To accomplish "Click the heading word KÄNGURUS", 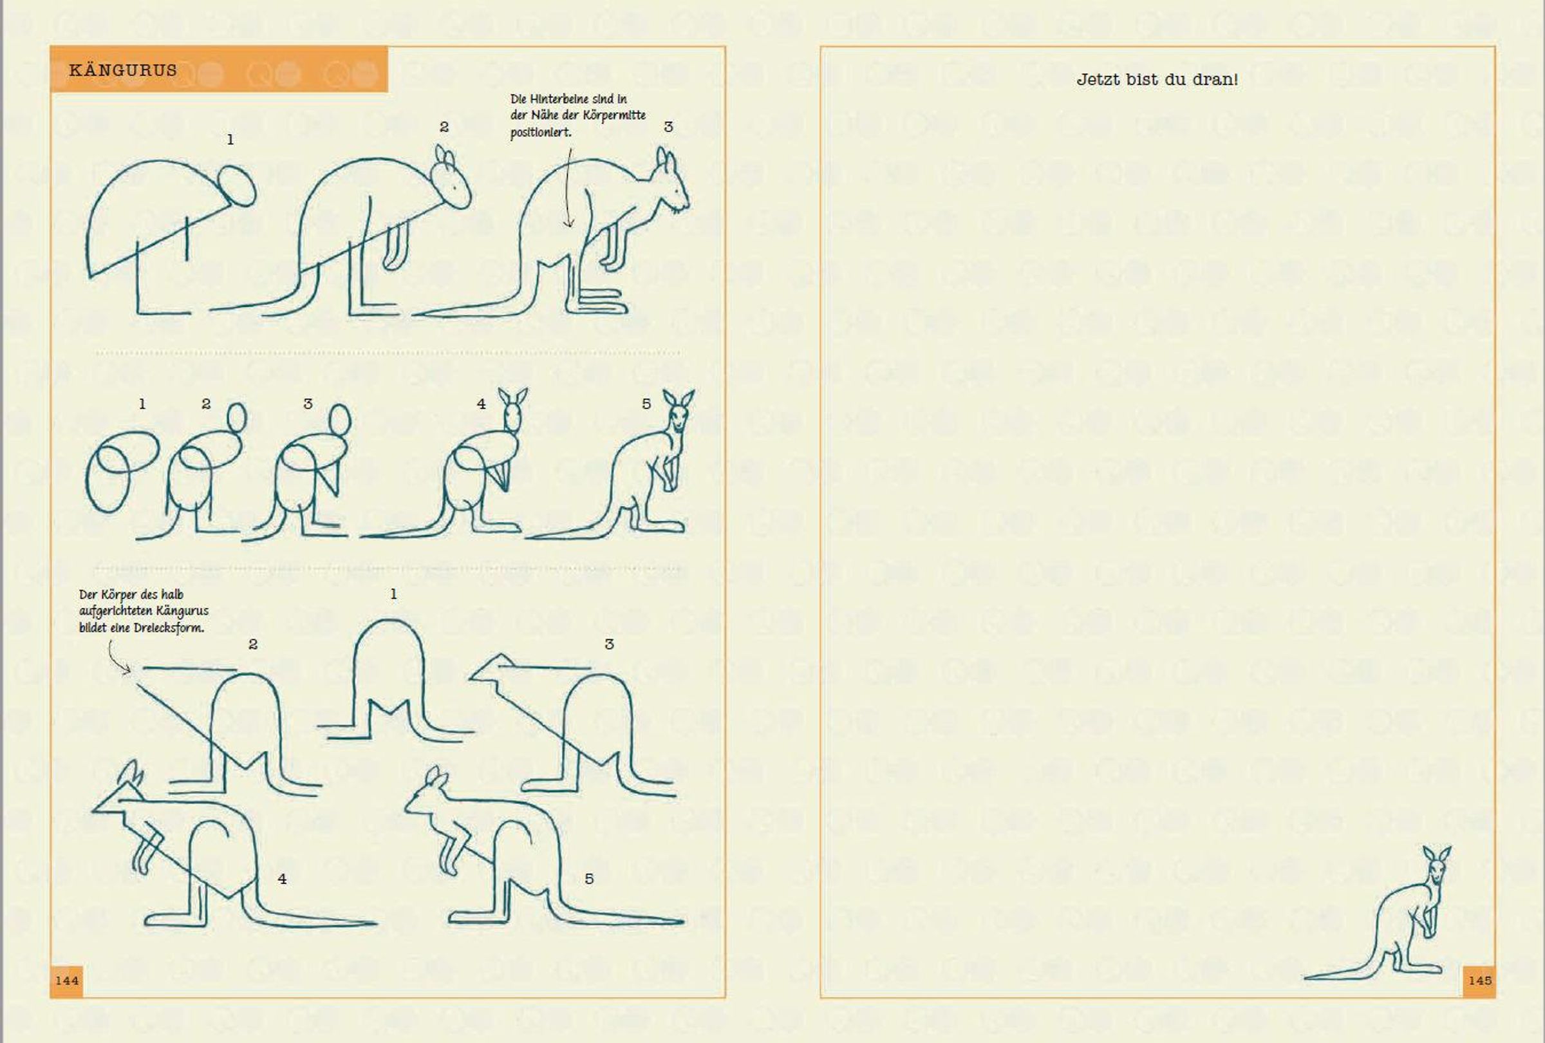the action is coord(123,70).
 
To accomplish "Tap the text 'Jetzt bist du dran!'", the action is coord(1157,80).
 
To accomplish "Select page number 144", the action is coord(66,981).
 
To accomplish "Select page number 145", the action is coord(1480,981).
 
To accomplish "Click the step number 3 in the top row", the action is coord(668,126).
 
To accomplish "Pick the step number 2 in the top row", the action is coord(444,126).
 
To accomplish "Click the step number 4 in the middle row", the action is coord(482,404).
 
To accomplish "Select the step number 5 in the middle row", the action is coord(646,404).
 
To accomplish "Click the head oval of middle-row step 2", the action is coord(237,417).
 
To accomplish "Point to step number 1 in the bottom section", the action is coord(393,594).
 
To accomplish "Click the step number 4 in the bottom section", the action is coord(282,879).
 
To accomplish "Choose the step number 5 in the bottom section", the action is coord(589,879).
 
